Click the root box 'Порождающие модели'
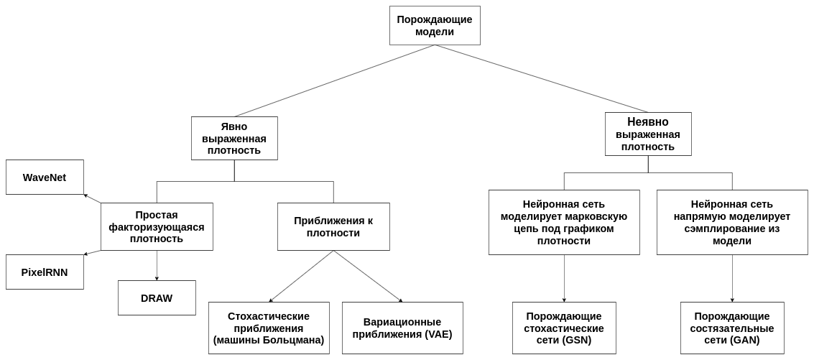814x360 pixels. coord(435,25)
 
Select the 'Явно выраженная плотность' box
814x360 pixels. coord(234,138)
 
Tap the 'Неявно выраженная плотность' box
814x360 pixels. coord(648,134)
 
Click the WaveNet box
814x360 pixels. coord(45,177)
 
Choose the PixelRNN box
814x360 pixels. coord(45,272)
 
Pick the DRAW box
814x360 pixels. coord(157,297)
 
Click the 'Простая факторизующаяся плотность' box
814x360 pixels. coord(157,226)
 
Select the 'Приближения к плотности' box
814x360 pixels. coord(333,226)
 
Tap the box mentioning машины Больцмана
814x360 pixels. coord(269,328)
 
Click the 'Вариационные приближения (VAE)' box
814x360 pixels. coord(402,328)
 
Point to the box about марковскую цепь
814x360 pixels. coord(564,222)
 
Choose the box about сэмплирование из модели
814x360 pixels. coord(732,222)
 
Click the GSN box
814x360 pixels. coord(564,328)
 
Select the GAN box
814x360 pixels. coord(732,328)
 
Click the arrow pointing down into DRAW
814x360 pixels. coord(157,265)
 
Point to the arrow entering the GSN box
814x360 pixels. coord(564,278)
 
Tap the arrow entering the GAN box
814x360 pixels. coord(732,278)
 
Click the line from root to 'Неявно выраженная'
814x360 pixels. coord(542,78)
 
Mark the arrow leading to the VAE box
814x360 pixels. coord(368,277)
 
